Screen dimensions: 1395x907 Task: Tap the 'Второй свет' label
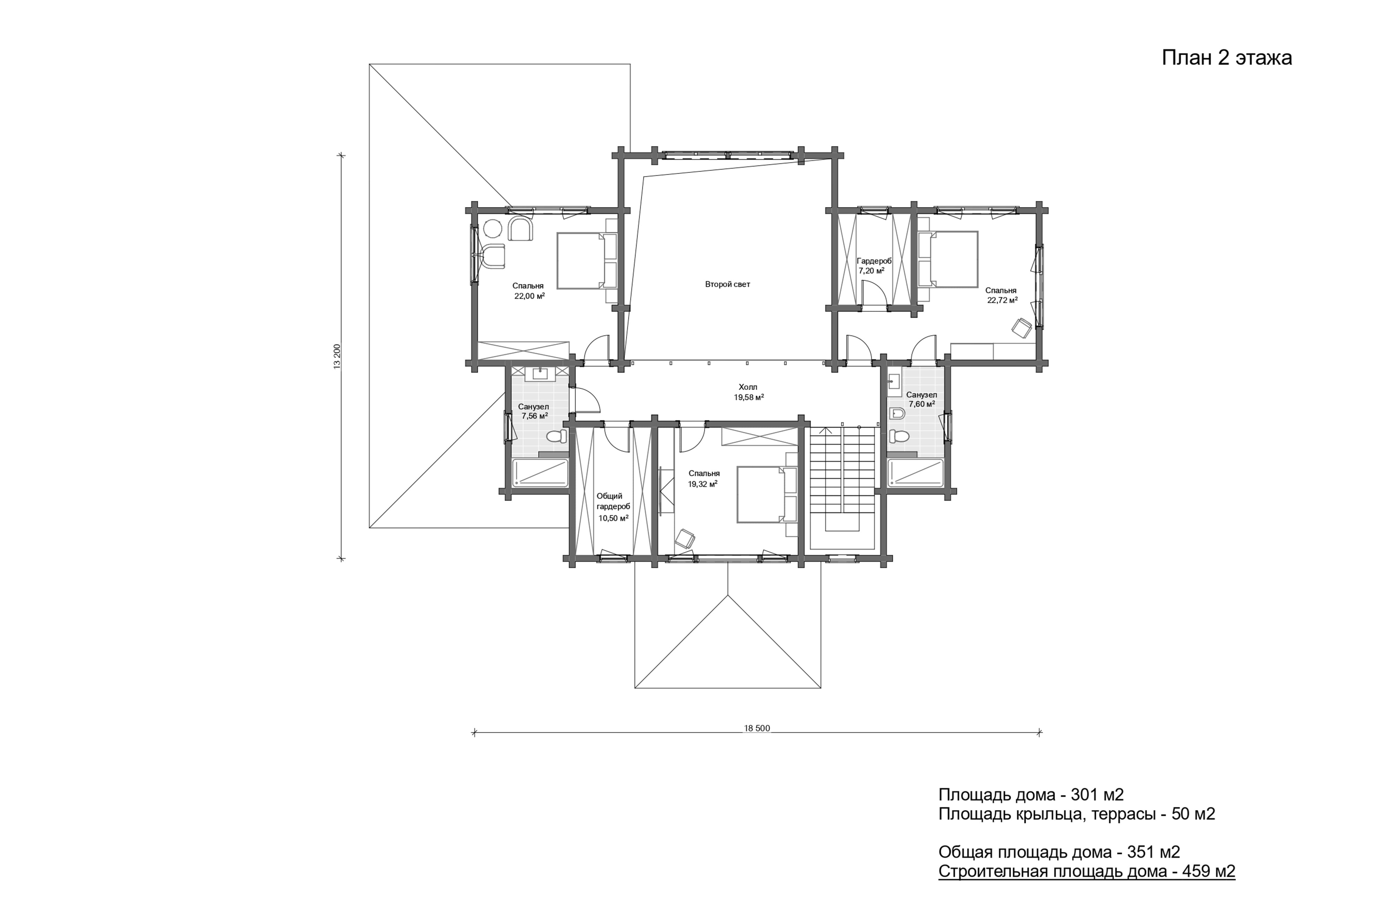point(727,284)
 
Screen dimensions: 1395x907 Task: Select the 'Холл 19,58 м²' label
point(748,392)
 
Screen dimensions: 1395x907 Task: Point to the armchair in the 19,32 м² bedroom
point(685,539)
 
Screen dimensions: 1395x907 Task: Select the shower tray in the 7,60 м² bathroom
point(915,473)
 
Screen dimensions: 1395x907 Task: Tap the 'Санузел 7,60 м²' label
point(921,399)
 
